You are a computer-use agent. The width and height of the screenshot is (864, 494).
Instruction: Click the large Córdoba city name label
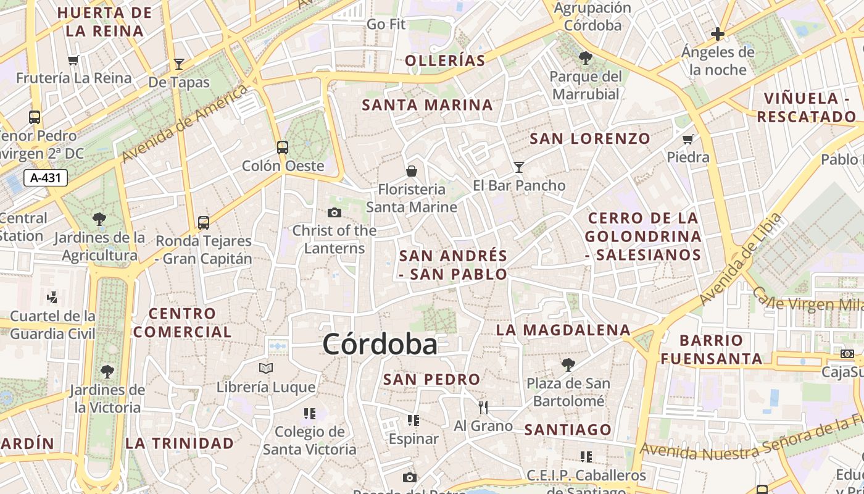[x=380, y=344]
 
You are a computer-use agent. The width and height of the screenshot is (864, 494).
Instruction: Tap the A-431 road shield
[x=46, y=178]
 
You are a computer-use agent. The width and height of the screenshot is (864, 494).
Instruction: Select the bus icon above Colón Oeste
[x=283, y=148]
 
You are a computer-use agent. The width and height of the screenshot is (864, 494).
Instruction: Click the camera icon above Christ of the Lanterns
[x=334, y=212]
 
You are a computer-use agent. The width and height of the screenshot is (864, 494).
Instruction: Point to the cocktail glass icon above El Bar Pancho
[x=518, y=167]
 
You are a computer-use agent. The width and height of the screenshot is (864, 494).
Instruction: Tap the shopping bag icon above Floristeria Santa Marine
[x=412, y=170]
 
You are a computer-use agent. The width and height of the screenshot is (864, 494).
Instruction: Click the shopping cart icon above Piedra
[x=688, y=139]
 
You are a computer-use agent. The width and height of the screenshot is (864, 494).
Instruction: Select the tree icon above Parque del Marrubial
[x=585, y=58]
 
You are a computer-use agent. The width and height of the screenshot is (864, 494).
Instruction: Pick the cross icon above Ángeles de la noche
[x=718, y=33]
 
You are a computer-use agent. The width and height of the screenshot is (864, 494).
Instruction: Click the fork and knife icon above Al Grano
[x=483, y=407]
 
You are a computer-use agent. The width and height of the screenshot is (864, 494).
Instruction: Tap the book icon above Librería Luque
[x=266, y=369]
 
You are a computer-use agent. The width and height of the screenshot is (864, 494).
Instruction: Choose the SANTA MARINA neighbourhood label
[x=428, y=105]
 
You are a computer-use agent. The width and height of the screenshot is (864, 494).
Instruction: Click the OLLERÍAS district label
[x=445, y=61]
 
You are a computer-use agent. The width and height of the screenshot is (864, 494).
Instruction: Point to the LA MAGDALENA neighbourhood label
[x=563, y=330]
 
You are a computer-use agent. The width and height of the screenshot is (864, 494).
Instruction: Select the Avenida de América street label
[x=185, y=124]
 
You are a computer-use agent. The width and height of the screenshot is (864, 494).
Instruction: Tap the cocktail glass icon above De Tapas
[x=179, y=64]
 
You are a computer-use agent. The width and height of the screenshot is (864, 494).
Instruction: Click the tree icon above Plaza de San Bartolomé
[x=568, y=365]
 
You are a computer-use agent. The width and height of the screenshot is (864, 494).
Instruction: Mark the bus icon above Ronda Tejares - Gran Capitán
[x=204, y=222]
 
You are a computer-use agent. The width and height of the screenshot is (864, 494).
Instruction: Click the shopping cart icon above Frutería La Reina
[x=73, y=60]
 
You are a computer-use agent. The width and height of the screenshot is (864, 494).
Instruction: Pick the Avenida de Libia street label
[x=741, y=259]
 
